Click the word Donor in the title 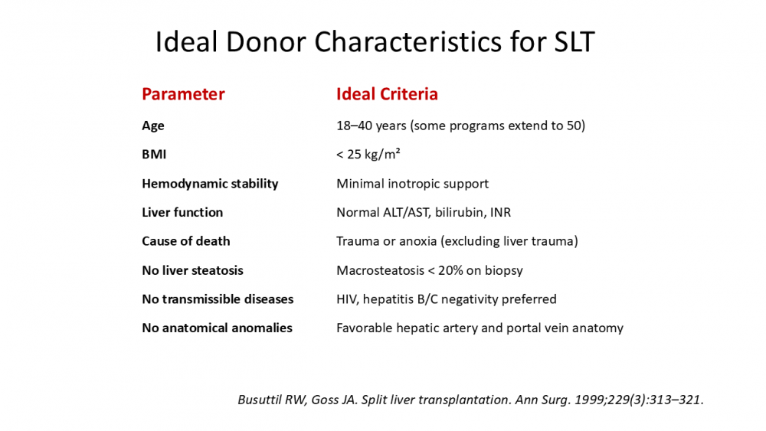(x=265, y=41)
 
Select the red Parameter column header (x=183, y=93)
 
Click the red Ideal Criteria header (x=387, y=93)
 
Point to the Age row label (x=153, y=126)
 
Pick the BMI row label (x=154, y=154)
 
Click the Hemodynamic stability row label (x=210, y=184)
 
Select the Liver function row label (x=182, y=212)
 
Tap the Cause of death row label (x=185, y=241)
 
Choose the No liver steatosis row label (x=192, y=270)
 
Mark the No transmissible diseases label (x=218, y=299)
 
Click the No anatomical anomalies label (x=217, y=328)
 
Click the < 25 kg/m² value (x=368, y=154)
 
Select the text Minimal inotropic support (x=412, y=184)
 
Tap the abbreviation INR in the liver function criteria (x=501, y=212)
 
